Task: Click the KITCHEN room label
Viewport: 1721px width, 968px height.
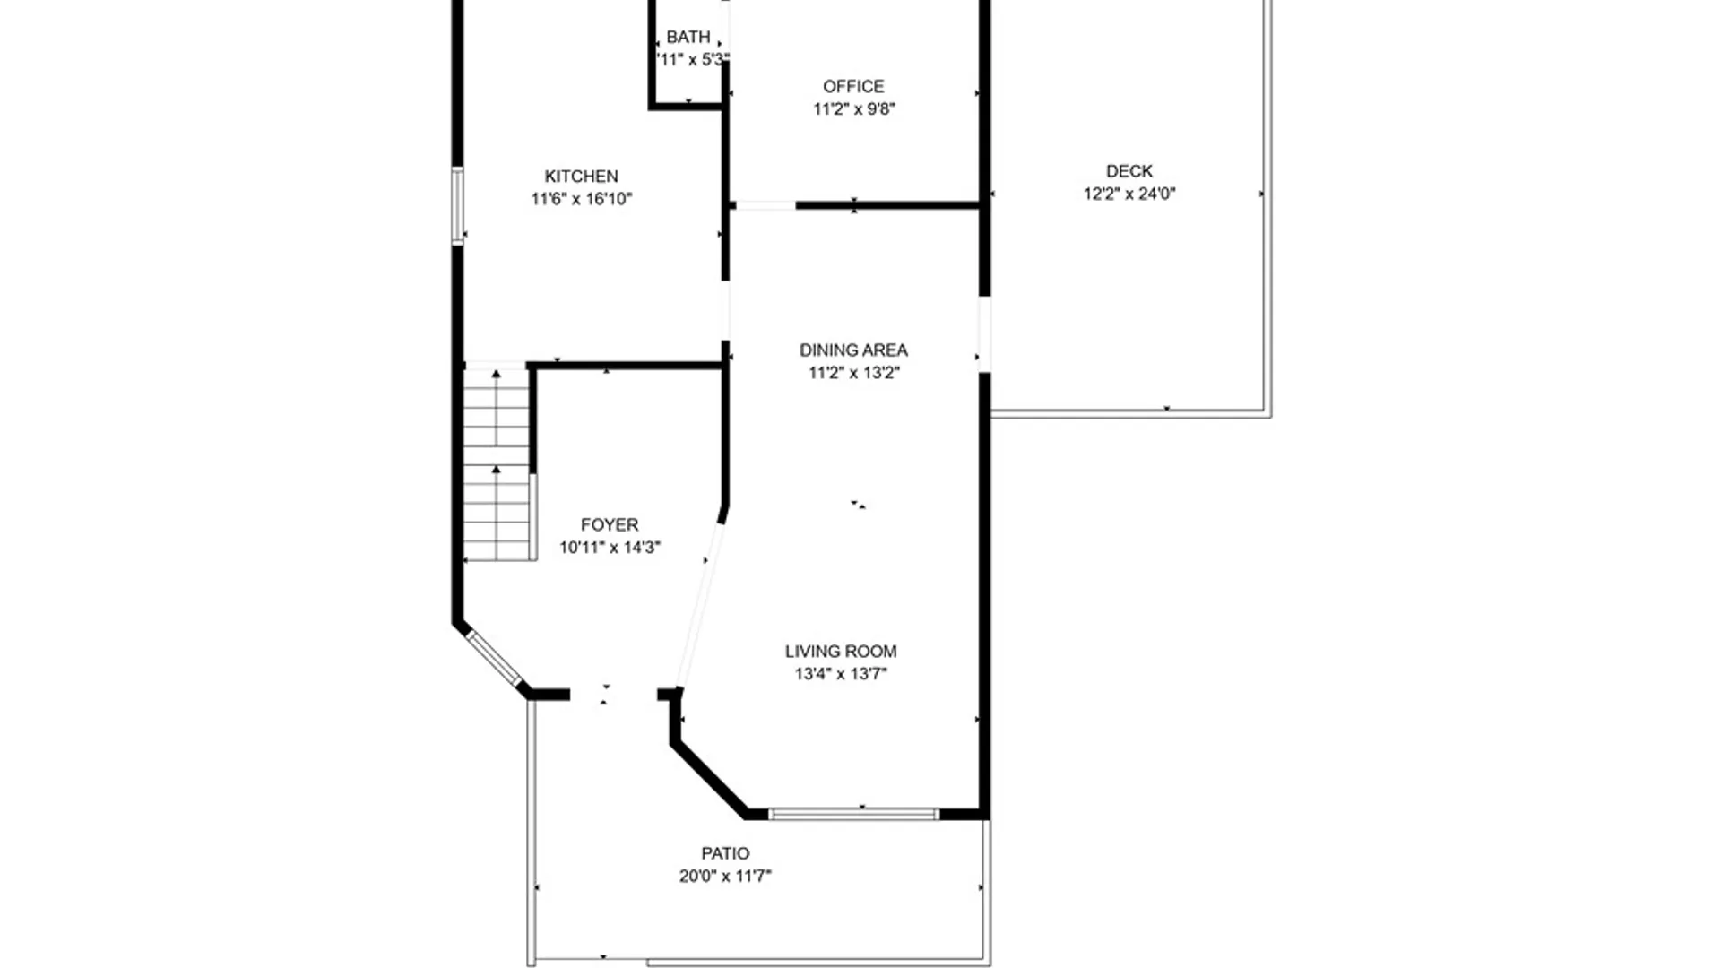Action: pos(581,177)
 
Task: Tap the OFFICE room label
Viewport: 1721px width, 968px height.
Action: pos(853,86)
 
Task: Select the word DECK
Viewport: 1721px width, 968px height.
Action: pos(1129,171)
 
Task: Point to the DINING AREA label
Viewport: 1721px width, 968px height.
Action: pos(853,350)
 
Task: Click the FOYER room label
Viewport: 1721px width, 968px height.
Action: pos(610,525)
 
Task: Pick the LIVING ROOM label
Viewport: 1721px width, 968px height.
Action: pos(841,652)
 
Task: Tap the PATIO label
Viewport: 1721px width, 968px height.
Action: pos(725,854)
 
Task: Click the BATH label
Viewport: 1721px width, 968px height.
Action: pos(688,38)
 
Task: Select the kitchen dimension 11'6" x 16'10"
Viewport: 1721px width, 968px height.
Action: pos(582,199)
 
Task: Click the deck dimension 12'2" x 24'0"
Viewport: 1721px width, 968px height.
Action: pos(1129,194)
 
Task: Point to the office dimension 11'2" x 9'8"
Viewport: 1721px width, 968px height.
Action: pos(854,109)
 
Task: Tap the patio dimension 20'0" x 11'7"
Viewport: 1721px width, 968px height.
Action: pos(725,877)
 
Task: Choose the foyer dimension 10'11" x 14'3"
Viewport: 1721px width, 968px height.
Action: pos(610,548)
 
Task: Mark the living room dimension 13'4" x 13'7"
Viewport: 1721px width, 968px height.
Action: pos(841,674)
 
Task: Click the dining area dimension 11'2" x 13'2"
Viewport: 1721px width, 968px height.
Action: pos(854,373)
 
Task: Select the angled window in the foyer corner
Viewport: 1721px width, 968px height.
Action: pos(494,658)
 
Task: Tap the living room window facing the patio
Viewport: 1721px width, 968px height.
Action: pos(853,814)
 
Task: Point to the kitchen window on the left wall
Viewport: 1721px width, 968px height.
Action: pos(457,205)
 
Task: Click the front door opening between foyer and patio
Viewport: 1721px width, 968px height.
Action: pos(614,695)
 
